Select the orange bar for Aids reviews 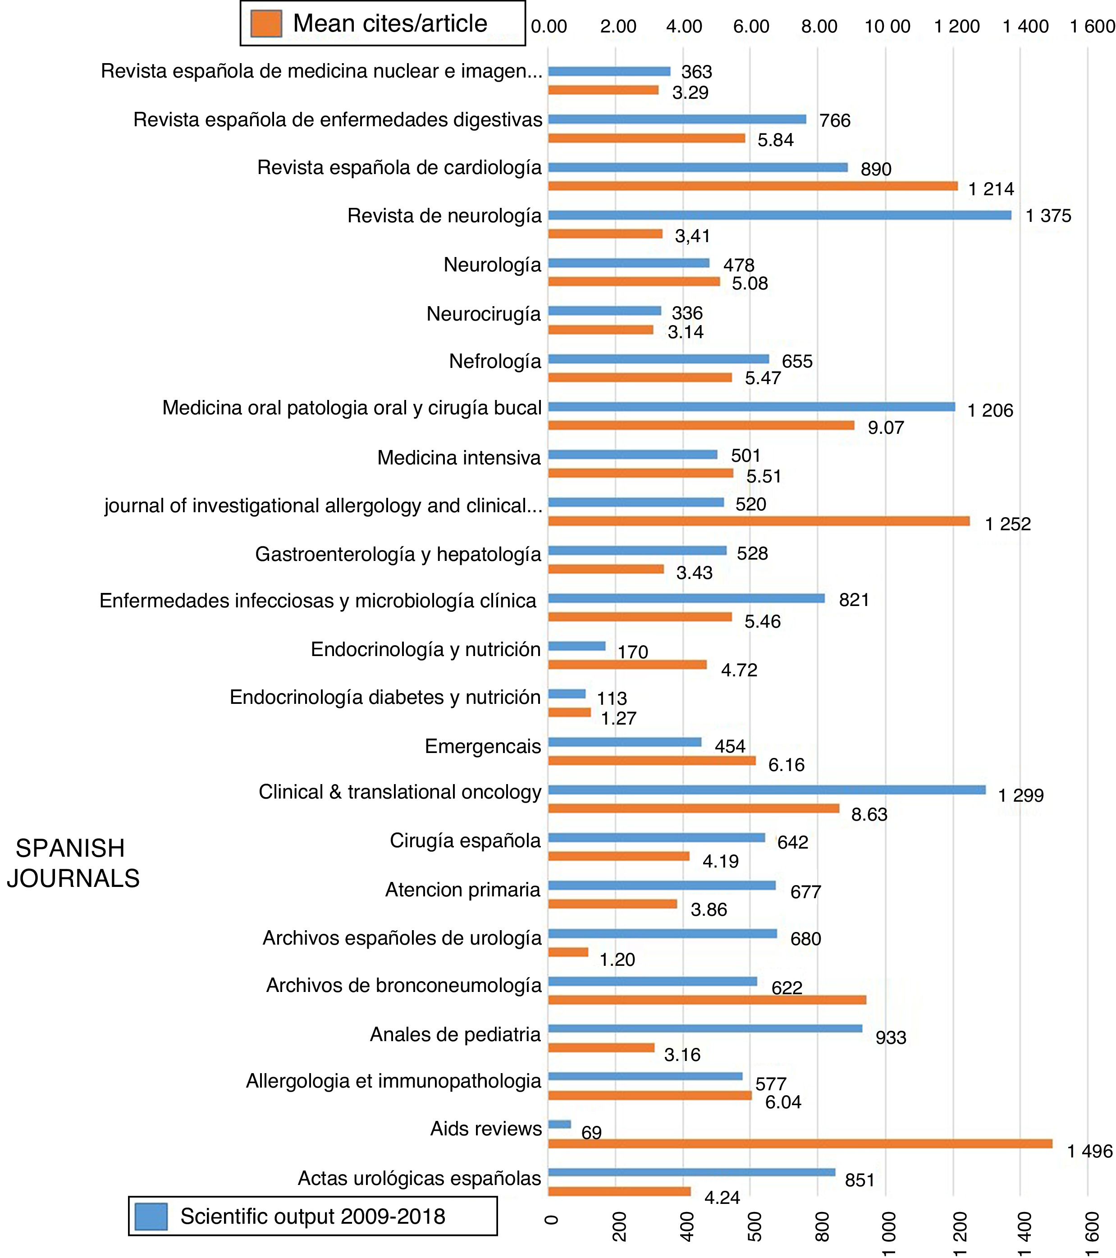pyautogui.click(x=800, y=1144)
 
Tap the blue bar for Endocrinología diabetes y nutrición pyautogui.click(x=567, y=694)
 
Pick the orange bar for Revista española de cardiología pyautogui.click(x=752, y=186)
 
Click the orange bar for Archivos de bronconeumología pyautogui.click(x=707, y=1000)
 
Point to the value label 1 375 pyautogui.click(x=1047, y=216)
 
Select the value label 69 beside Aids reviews pyautogui.click(x=591, y=1133)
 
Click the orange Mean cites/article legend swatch pyautogui.click(x=266, y=23)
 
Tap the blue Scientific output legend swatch pyautogui.click(x=151, y=1216)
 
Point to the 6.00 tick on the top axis pyautogui.click(x=750, y=27)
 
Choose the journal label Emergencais pyautogui.click(x=482, y=747)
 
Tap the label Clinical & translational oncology pyautogui.click(x=399, y=792)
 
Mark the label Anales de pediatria pyautogui.click(x=455, y=1035)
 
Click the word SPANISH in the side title pyautogui.click(x=70, y=848)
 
